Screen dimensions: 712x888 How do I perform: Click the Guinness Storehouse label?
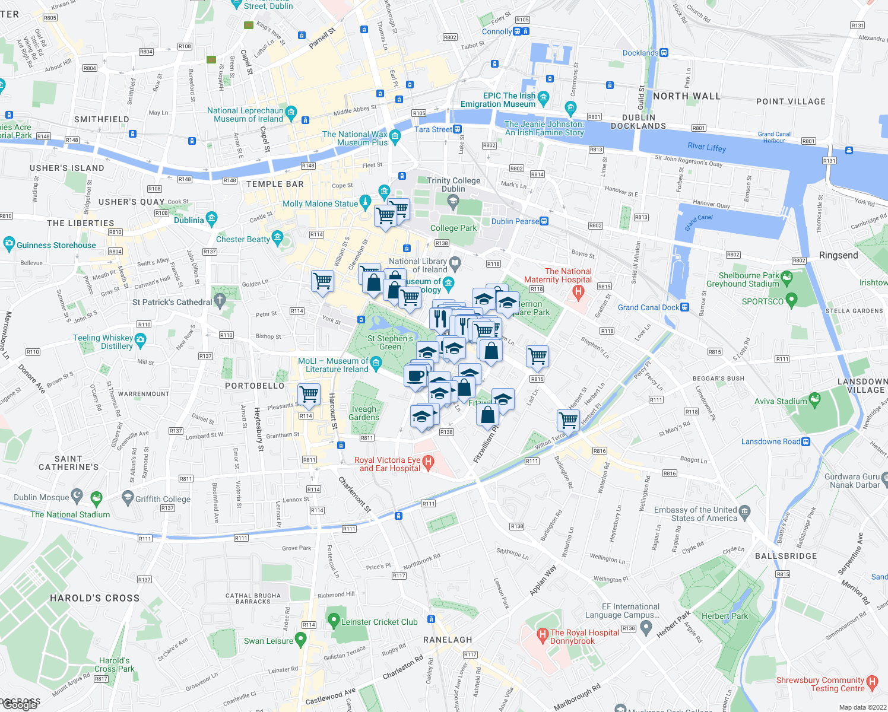pos(56,245)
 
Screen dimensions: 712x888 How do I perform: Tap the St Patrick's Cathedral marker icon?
pos(220,301)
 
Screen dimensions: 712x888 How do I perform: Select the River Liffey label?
pos(706,147)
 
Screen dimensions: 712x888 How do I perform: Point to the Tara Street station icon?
pos(457,129)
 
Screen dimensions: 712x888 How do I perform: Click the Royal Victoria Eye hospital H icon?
pos(428,461)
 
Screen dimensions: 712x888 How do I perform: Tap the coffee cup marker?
pos(416,376)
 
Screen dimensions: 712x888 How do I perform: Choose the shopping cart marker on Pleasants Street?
pos(309,395)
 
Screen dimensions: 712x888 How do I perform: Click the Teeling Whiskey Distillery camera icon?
pos(140,339)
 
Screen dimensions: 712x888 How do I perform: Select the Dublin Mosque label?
pos(42,497)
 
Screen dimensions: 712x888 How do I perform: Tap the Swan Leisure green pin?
pos(300,640)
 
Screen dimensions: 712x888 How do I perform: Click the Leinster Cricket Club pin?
pos(334,621)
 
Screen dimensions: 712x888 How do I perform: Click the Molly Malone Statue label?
pos(320,204)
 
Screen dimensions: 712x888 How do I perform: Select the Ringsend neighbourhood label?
pos(838,255)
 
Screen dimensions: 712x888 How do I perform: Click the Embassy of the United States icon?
pos(745,511)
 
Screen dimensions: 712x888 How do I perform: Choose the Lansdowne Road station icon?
pos(805,441)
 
